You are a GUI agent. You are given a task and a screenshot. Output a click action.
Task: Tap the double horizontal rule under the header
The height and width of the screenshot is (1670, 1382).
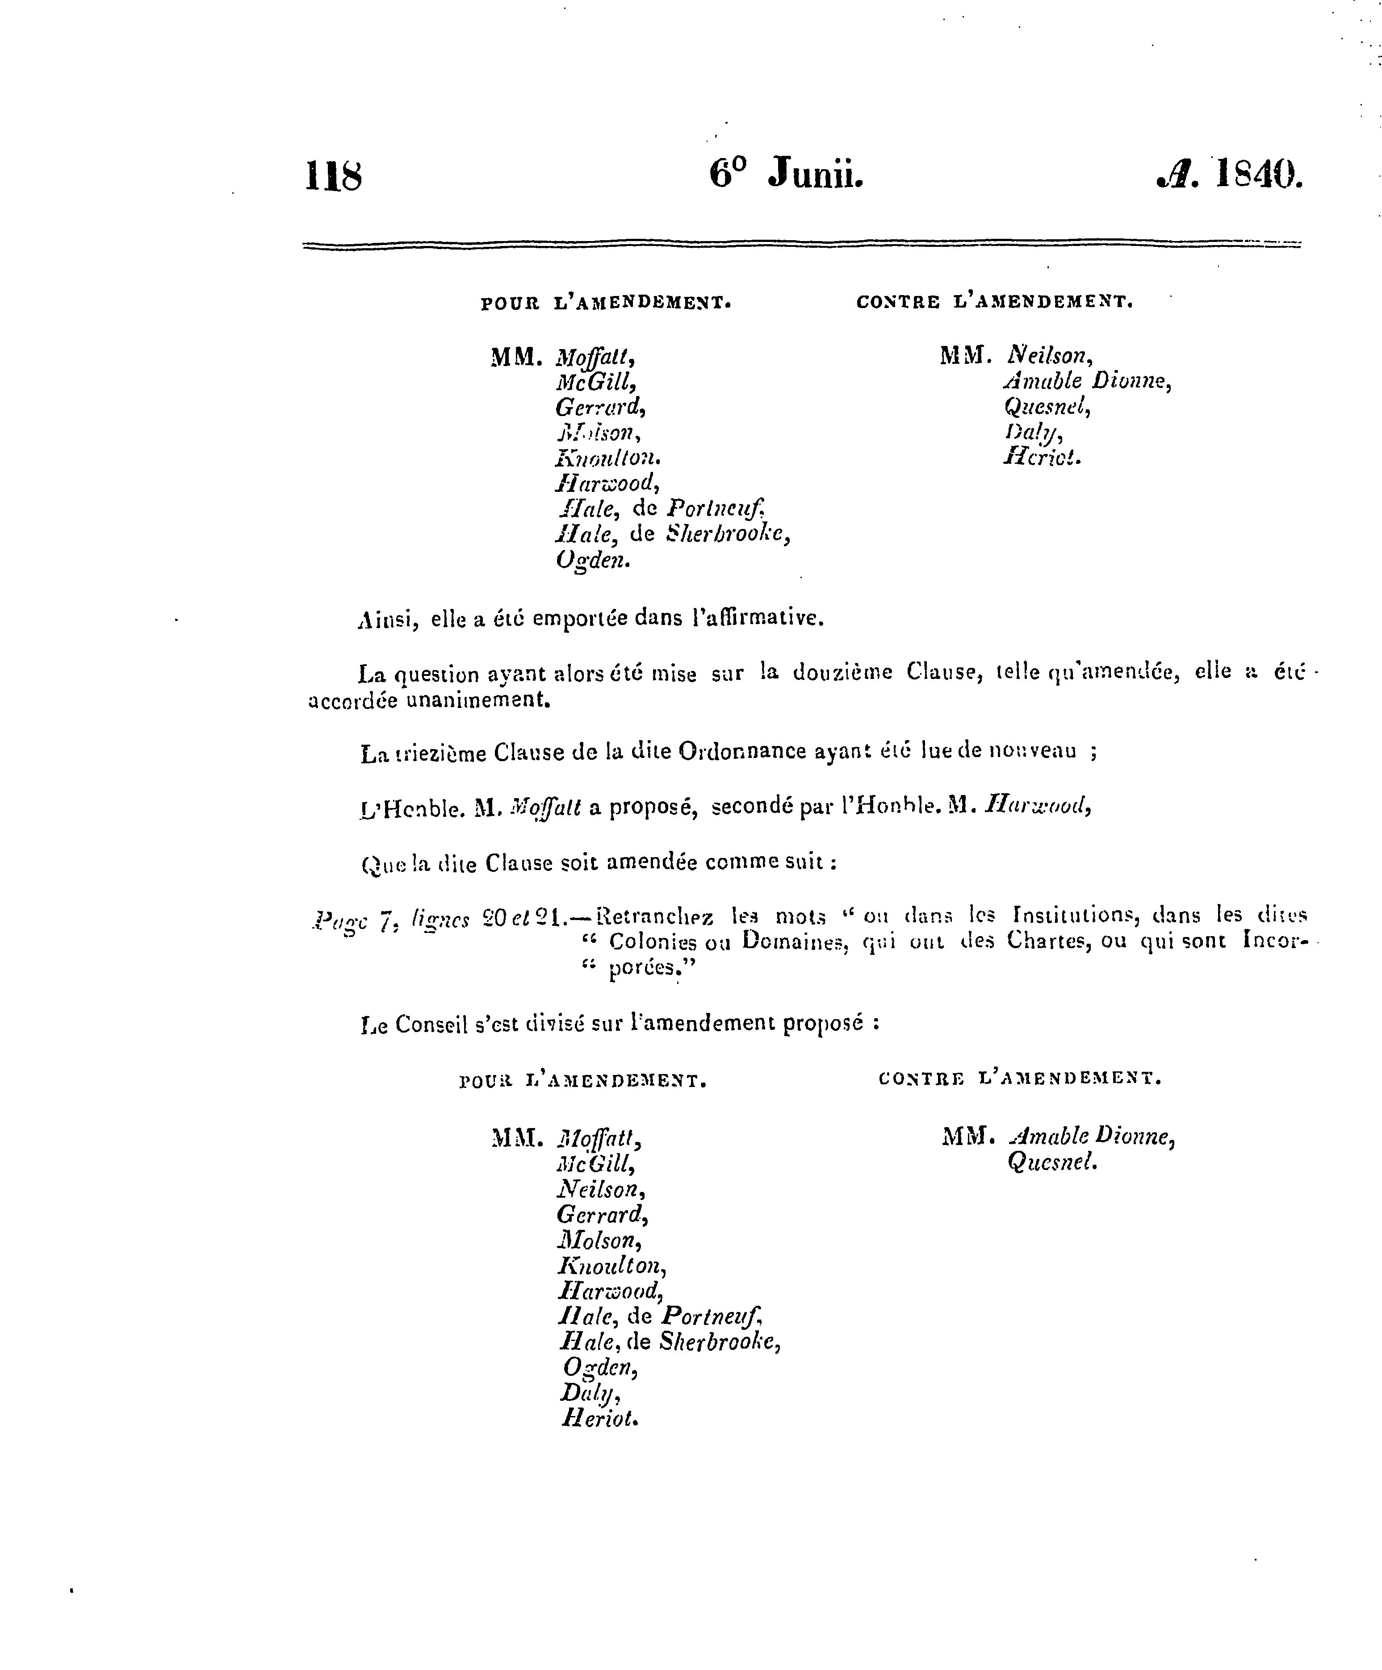coord(801,245)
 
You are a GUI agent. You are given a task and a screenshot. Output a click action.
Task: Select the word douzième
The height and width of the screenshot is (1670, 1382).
coord(842,673)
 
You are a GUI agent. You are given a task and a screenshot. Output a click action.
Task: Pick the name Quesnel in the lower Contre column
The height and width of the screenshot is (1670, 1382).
coord(1052,1162)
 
